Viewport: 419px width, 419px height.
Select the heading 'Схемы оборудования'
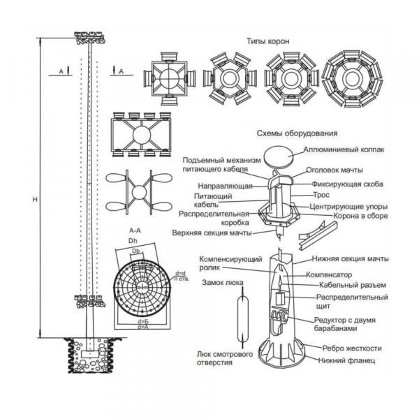(x=297, y=133)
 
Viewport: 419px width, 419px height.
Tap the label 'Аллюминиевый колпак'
(x=341, y=149)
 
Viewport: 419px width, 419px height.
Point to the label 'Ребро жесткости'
(x=353, y=348)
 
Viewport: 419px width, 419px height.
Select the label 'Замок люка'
(x=220, y=284)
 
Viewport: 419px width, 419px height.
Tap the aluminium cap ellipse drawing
(x=282, y=153)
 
